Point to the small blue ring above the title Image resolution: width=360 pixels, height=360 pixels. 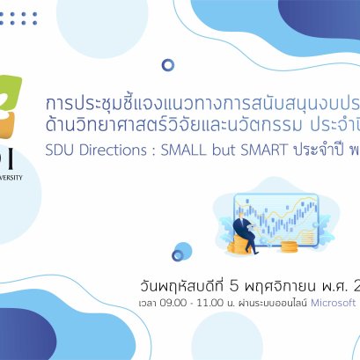(168, 64)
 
